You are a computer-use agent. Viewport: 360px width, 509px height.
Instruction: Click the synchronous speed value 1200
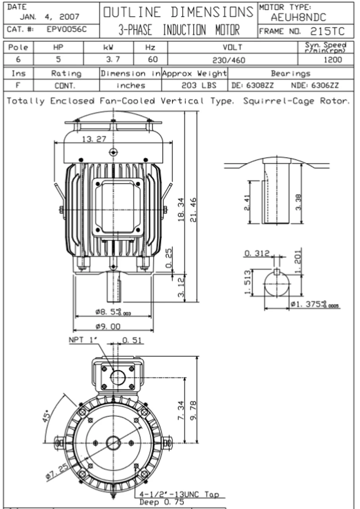point(333,60)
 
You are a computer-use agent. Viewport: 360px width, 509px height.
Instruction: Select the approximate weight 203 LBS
point(199,85)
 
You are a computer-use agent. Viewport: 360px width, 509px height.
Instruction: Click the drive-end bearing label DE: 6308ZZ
point(252,85)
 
